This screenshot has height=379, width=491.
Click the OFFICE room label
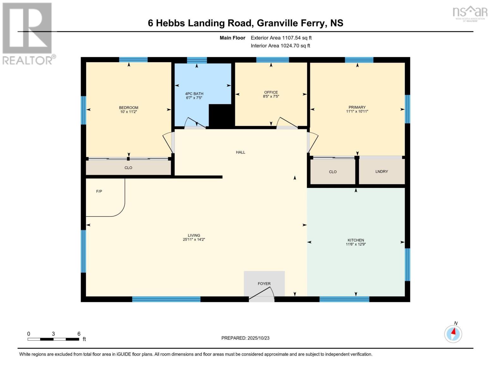coord(271,92)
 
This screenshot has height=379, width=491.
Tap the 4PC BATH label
coord(194,94)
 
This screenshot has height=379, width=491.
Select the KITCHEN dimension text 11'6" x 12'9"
coord(356,244)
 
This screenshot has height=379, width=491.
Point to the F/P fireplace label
coord(99,191)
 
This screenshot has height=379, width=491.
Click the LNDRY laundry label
coord(382,171)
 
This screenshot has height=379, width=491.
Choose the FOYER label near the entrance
coord(264,284)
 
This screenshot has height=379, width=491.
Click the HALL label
coord(241,152)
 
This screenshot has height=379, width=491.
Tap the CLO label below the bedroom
coord(128,168)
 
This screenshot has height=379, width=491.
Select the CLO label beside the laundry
coord(333,172)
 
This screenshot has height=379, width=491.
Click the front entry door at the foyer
coord(261,294)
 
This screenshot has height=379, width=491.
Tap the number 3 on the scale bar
coord(53,334)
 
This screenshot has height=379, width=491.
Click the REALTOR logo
coord(28,33)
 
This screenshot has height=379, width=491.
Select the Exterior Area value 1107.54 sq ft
coord(297,38)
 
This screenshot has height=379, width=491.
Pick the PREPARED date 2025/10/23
coord(258,338)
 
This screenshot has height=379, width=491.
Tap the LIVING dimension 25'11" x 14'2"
coord(194,240)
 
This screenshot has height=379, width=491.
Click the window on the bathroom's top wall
coord(197,60)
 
